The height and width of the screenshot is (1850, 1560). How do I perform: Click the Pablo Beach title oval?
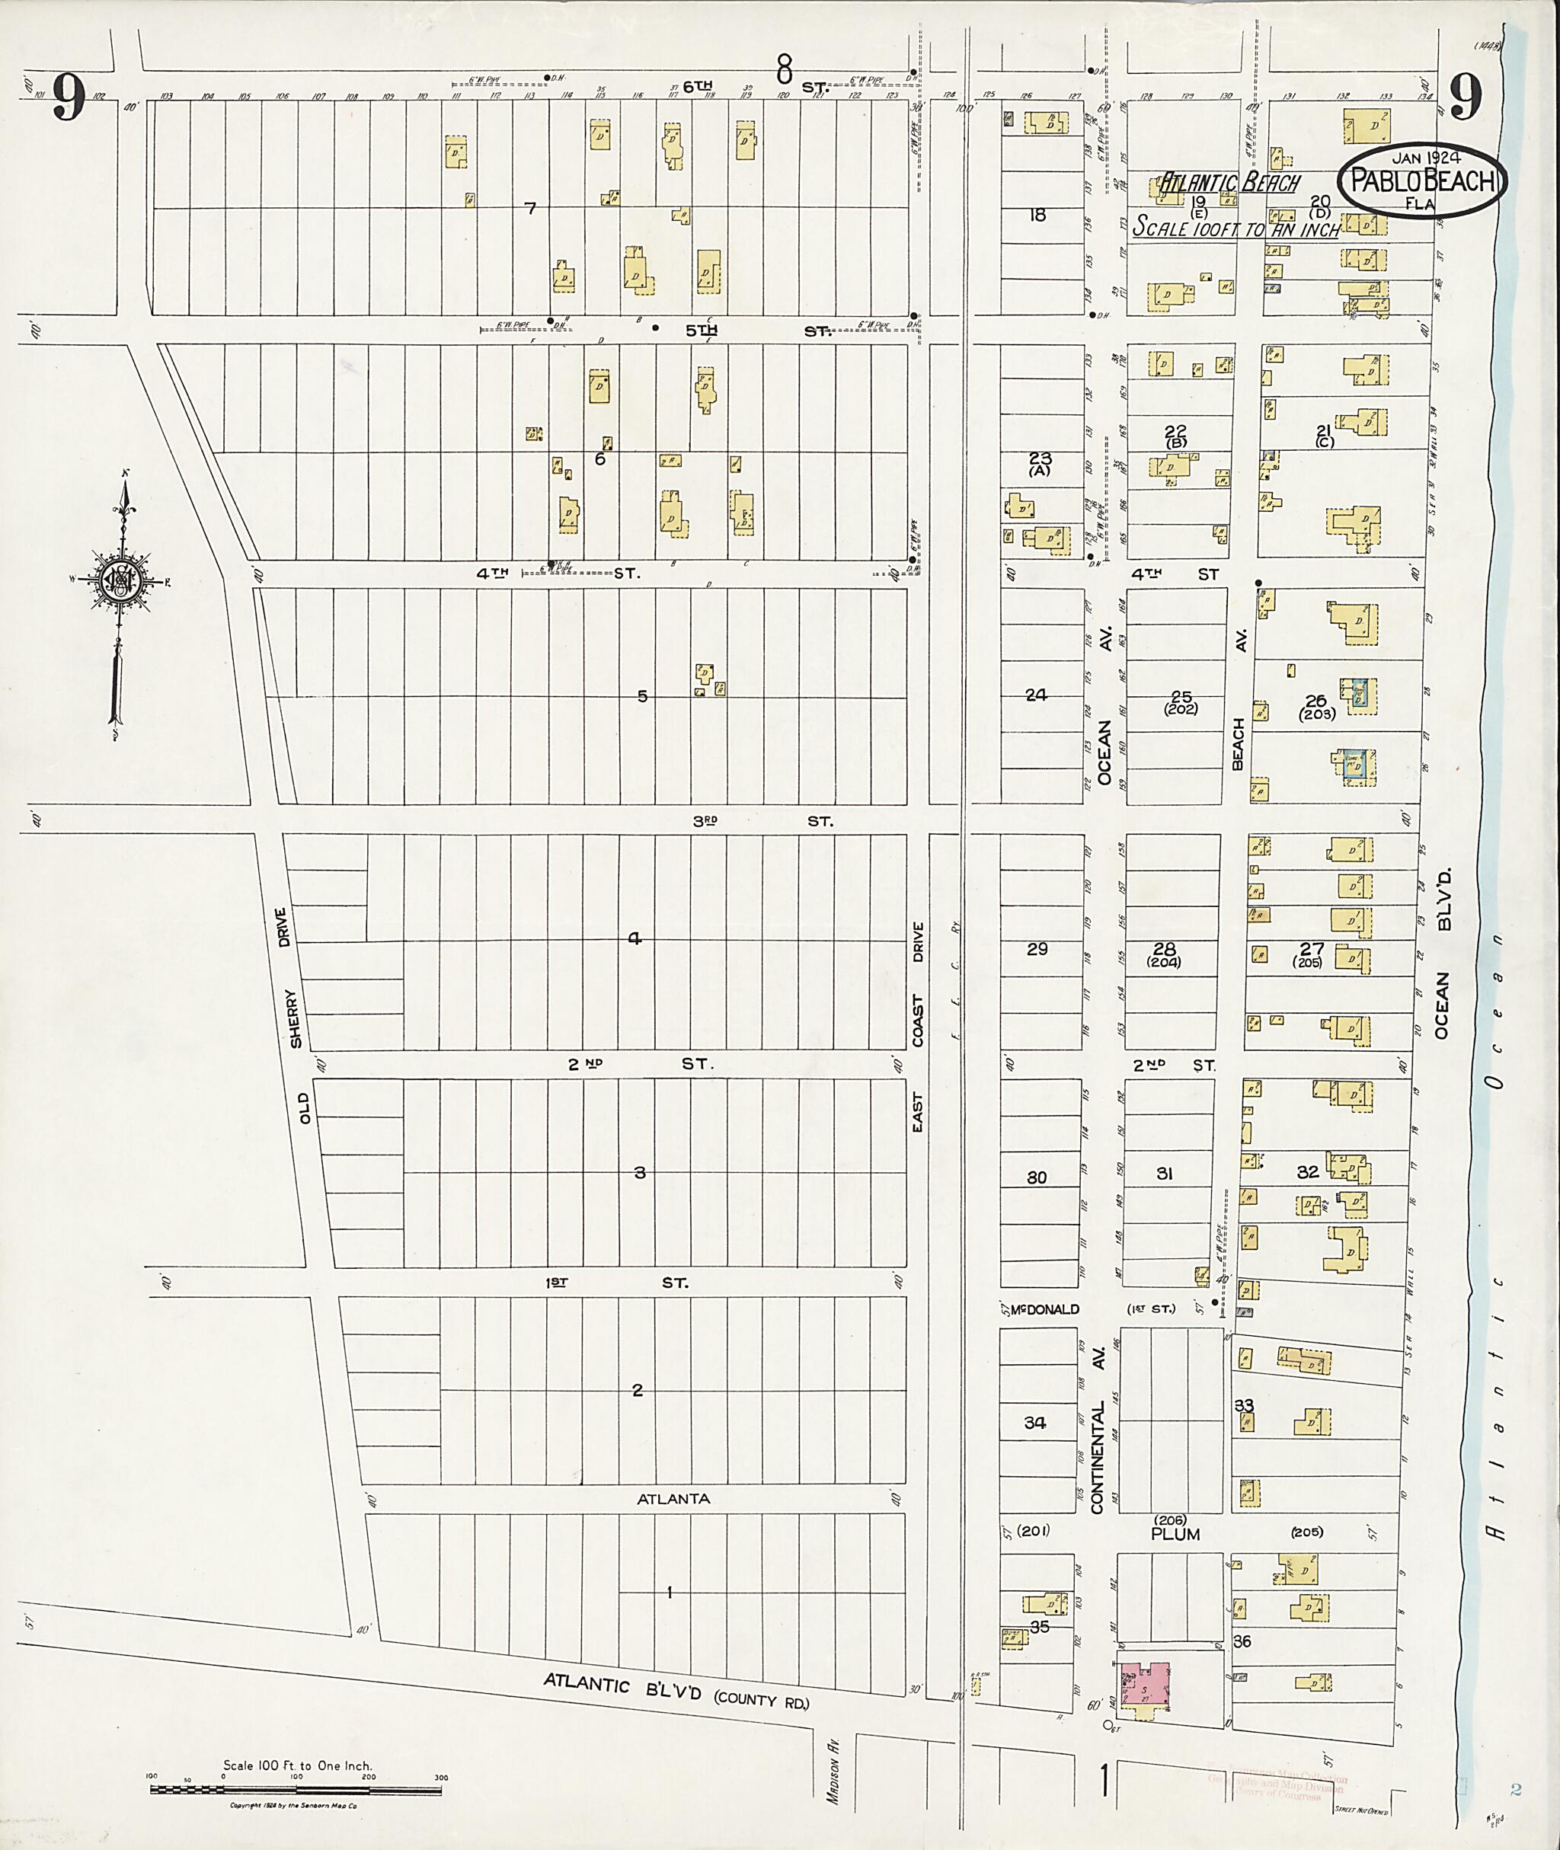point(1424,181)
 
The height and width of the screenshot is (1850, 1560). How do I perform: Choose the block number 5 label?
point(643,696)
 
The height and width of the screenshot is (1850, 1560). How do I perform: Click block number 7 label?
point(531,209)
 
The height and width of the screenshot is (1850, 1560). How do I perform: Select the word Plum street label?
point(1175,1534)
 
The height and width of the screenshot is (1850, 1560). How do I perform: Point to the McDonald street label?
point(1045,1308)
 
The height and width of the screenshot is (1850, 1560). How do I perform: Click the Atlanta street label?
point(674,1499)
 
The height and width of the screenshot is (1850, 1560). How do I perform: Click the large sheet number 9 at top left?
point(67,97)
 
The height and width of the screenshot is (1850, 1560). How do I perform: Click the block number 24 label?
point(1036,695)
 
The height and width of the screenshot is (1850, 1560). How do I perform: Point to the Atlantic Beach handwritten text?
point(1229,183)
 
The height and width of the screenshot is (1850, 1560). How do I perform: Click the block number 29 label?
point(1037,949)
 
